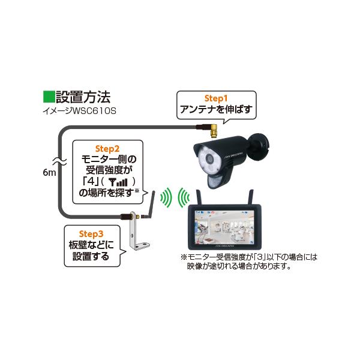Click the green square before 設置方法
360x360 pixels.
[49, 97]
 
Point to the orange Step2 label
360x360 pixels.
[108, 147]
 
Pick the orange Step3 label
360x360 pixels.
[92, 233]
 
